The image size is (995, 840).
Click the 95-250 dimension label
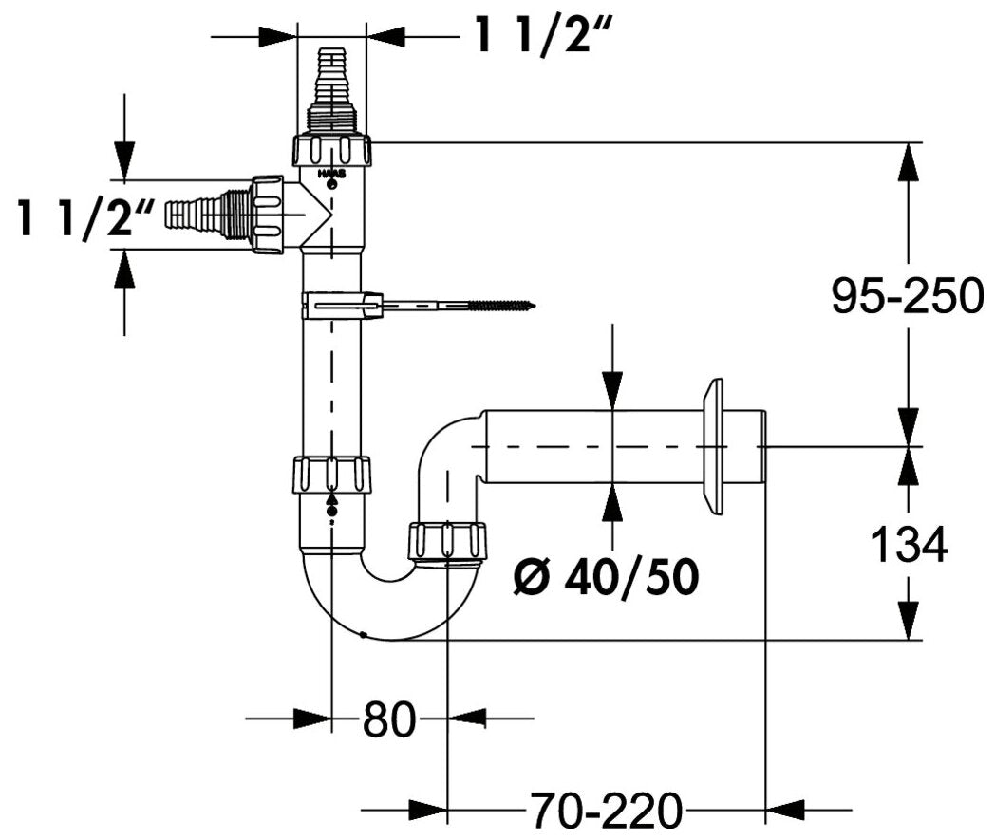click(908, 296)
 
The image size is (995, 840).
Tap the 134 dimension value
click(910, 544)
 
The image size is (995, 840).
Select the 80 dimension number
click(389, 719)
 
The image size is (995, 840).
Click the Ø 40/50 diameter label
click(606, 577)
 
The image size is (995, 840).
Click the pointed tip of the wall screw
click(535, 307)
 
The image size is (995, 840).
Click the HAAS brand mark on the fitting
click(331, 174)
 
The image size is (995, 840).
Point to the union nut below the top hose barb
click(331, 150)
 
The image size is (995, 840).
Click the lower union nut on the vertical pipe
click(331, 474)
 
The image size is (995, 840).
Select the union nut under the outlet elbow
click(448, 541)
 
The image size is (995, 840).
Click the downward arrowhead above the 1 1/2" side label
click(124, 161)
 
